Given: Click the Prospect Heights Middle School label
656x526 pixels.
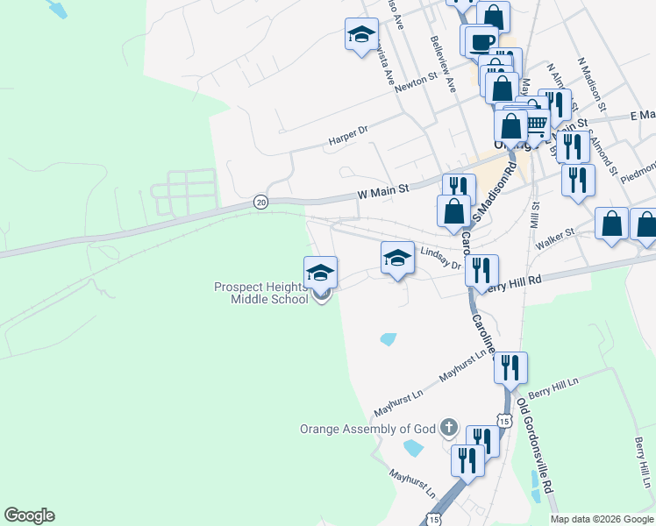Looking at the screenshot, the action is click(x=261, y=293).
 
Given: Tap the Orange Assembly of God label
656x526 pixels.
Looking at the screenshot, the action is click(x=367, y=429).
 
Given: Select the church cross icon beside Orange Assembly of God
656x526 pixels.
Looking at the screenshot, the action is click(x=449, y=428).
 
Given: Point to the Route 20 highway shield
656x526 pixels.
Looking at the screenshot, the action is click(x=260, y=202).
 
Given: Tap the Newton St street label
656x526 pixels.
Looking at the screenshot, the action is click(x=416, y=80).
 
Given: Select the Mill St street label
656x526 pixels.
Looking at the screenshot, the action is click(x=534, y=211).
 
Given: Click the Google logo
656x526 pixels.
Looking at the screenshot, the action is click(x=29, y=515).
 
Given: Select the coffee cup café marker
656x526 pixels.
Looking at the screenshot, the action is click(x=480, y=41).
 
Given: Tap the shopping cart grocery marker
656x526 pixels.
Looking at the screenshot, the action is click(x=536, y=124).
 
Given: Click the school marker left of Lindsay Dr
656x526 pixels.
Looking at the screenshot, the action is click(x=397, y=259).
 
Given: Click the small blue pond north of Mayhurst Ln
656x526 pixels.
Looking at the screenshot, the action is click(x=388, y=338).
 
